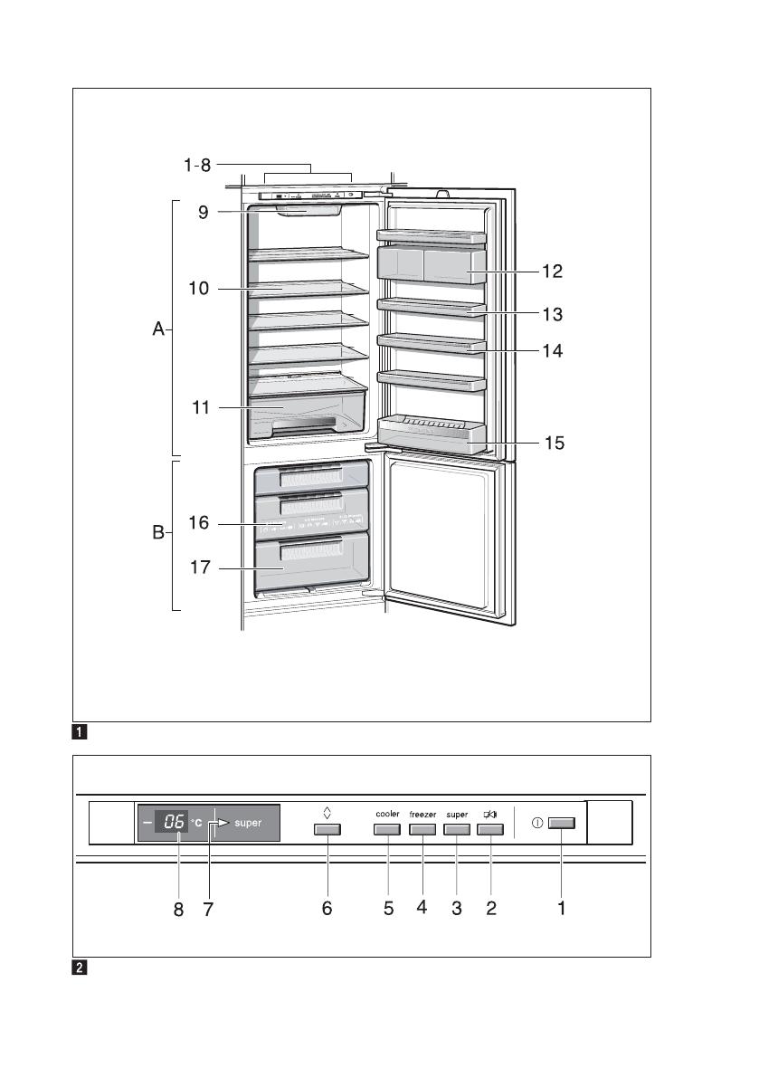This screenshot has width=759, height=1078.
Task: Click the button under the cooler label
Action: coord(387,829)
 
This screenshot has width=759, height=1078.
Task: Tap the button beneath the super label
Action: coord(456,829)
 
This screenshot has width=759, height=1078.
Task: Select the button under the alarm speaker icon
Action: coord(490,829)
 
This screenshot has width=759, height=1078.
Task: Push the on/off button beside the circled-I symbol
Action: coord(562,824)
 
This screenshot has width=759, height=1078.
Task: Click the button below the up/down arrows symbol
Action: coord(327,829)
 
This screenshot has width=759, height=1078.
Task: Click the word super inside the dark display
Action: coord(248,824)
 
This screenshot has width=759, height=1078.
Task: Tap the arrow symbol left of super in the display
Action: coord(217,824)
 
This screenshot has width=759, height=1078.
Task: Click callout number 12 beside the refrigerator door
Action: coord(552,271)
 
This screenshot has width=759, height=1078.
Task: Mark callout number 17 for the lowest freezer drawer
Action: coord(199,568)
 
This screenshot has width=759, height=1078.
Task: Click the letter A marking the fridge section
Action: coord(158,331)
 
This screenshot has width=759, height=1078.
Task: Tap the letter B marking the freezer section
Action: coord(158,534)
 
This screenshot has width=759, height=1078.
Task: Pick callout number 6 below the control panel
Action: coord(327,909)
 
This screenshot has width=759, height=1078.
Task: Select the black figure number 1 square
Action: coord(81,730)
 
